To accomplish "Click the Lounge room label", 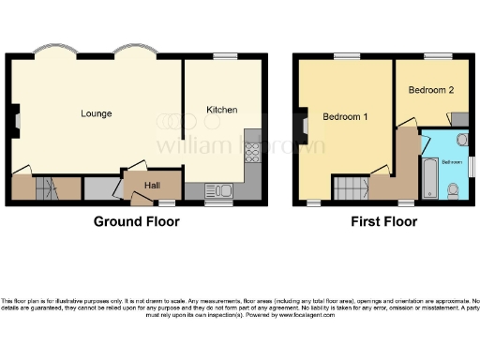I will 96,113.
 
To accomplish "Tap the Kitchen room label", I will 222,110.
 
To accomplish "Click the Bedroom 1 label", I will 345,117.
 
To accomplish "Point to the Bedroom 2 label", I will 431,90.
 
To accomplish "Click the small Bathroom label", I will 452,161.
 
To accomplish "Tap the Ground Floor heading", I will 138,222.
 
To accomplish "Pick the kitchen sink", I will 221,191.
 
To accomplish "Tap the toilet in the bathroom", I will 453,190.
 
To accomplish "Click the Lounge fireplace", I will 16,117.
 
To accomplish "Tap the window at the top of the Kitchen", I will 225,57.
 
